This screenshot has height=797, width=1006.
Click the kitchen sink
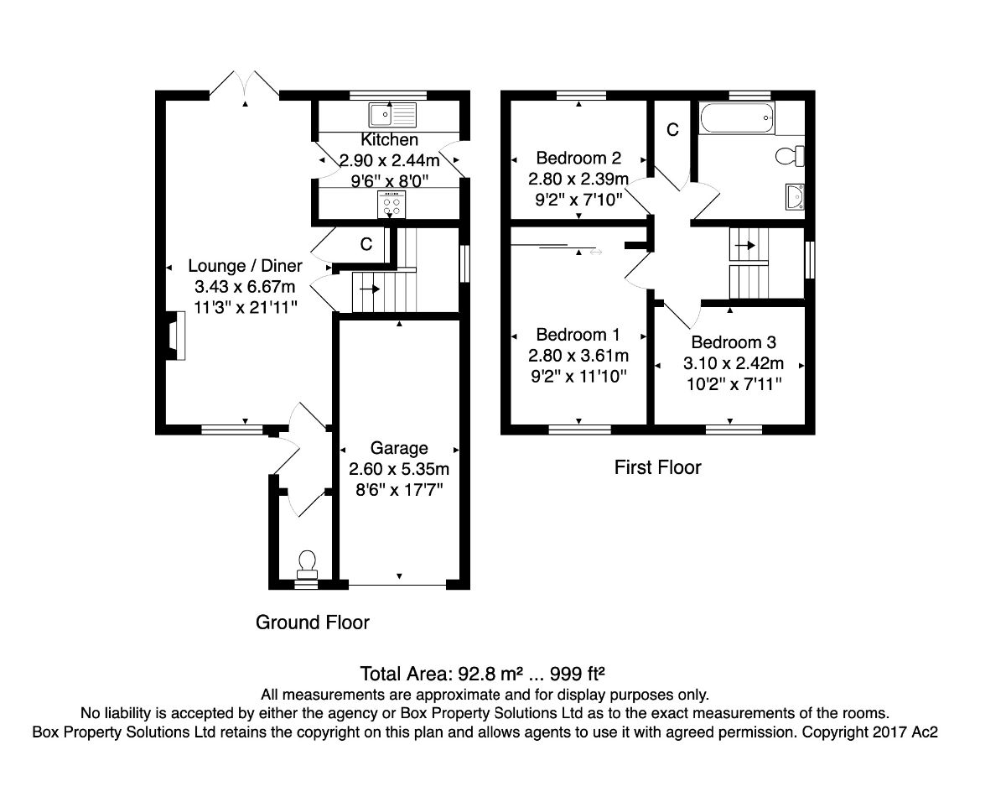(x=388, y=112)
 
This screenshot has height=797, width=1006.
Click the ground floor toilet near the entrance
(x=307, y=560)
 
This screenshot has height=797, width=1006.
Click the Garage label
(x=399, y=449)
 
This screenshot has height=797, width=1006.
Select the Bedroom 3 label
(x=734, y=342)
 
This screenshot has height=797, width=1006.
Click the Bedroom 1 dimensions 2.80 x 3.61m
(x=578, y=355)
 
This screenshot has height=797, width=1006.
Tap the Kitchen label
(x=389, y=140)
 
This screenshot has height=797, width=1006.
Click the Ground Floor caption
(x=312, y=622)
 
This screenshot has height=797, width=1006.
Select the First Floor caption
(x=657, y=467)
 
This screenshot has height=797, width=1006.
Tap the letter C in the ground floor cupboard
(x=366, y=245)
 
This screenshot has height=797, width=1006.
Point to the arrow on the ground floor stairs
(x=369, y=289)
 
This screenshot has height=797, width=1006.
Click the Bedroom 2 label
(x=578, y=158)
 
